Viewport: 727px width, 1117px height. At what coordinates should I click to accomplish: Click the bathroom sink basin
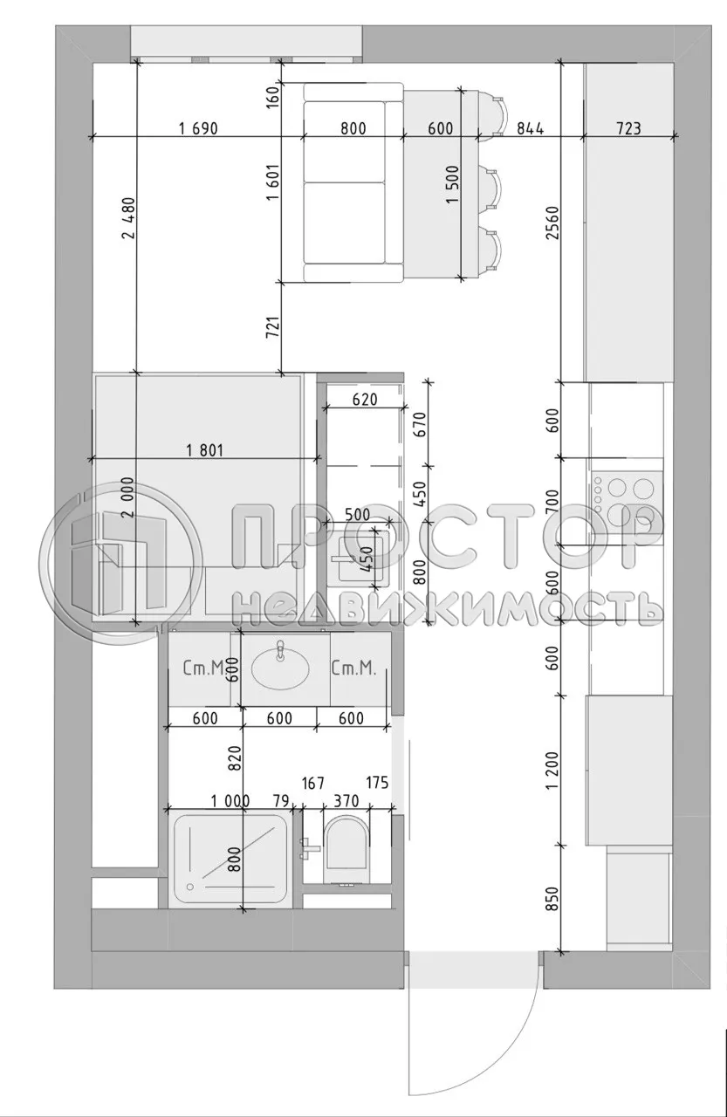coord(279,668)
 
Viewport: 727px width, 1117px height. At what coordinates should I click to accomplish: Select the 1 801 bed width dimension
coord(206,451)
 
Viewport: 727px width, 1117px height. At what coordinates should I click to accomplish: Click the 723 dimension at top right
coord(628,129)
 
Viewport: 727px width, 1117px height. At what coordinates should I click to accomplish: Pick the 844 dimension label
coord(530,129)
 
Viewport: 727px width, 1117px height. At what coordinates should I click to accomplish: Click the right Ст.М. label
coord(353,669)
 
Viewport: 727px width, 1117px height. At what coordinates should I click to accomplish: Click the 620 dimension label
coord(364,401)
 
